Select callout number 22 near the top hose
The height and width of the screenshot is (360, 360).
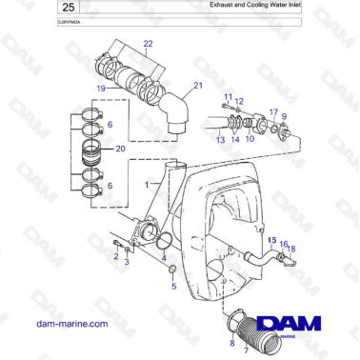click(148, 44)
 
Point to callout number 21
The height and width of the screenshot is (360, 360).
click(198, 86)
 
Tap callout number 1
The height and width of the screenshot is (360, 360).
click(146, 182)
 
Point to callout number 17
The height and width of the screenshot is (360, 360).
click(271, 112)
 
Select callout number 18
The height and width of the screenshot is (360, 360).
click(291, 249)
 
